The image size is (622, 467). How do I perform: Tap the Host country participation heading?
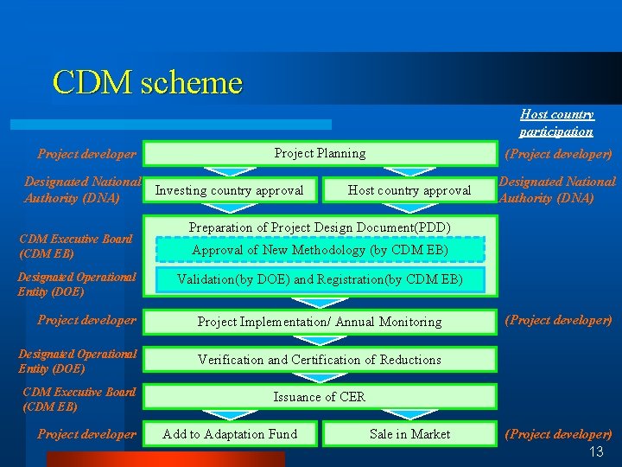tap(556, 123)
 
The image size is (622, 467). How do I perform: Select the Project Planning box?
tap(320, 153)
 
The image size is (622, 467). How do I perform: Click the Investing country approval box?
tap(229, 190)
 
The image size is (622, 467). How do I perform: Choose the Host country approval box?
tap(409, 190)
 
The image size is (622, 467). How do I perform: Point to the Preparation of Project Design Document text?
tap(320, 227)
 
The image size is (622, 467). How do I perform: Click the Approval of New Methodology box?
tap(320, 250)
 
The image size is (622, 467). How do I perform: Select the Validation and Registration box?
tap(320, 279)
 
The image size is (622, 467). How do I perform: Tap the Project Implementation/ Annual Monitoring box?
tap(320, 322)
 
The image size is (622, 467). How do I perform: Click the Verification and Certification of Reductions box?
tap(320, 360)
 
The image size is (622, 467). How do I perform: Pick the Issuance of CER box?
tap(320, 397)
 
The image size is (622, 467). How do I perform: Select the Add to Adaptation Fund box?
tap(230, 434)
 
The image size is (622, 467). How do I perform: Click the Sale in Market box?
tap(409, 434)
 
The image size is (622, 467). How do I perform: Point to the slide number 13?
tap(596, 452)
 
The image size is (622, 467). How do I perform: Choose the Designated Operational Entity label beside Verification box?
tap(78, 361)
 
